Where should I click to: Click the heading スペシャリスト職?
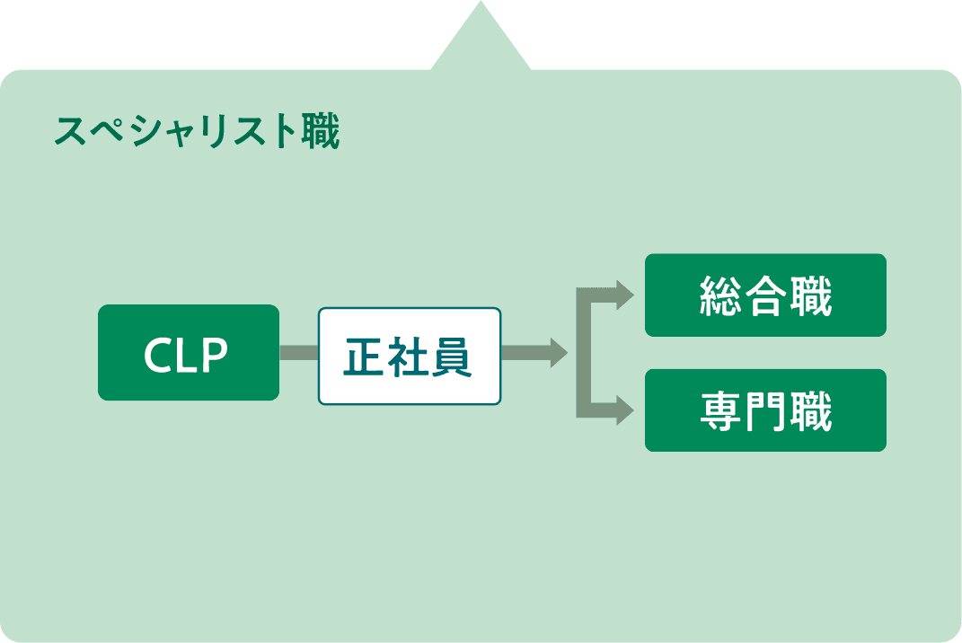[x=197, y=132]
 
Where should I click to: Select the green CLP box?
[x=188, y=352]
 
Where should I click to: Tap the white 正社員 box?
[x=409, y=357]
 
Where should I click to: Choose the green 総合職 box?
[x=765, y=295]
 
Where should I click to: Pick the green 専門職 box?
[x=765, y=410]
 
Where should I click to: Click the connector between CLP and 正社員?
[x=298, y=353]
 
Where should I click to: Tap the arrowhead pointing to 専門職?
[x=625, y=412]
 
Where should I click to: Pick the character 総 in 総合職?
[x=720, y=296]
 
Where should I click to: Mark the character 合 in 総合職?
[x=765, y=296]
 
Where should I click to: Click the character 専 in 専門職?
[x=720, y=411]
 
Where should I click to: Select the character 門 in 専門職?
[x=765, y=411]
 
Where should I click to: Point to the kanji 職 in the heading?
[x=319, y=132]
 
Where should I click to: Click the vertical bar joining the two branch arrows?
[x=582, y=353]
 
